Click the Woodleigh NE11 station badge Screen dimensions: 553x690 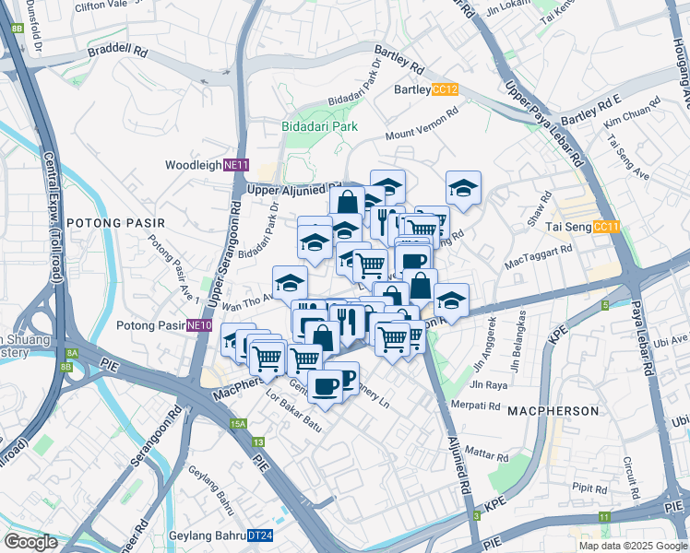click(237, 165)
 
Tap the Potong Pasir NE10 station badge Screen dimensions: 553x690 click(199, 325)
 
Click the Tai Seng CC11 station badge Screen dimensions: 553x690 click(606, 227)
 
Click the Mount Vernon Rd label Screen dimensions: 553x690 click(422, 125)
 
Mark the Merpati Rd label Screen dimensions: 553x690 click(476, 405)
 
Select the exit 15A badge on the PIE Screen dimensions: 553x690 click(239, 423)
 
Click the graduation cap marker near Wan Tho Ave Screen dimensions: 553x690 click(290, 280)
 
